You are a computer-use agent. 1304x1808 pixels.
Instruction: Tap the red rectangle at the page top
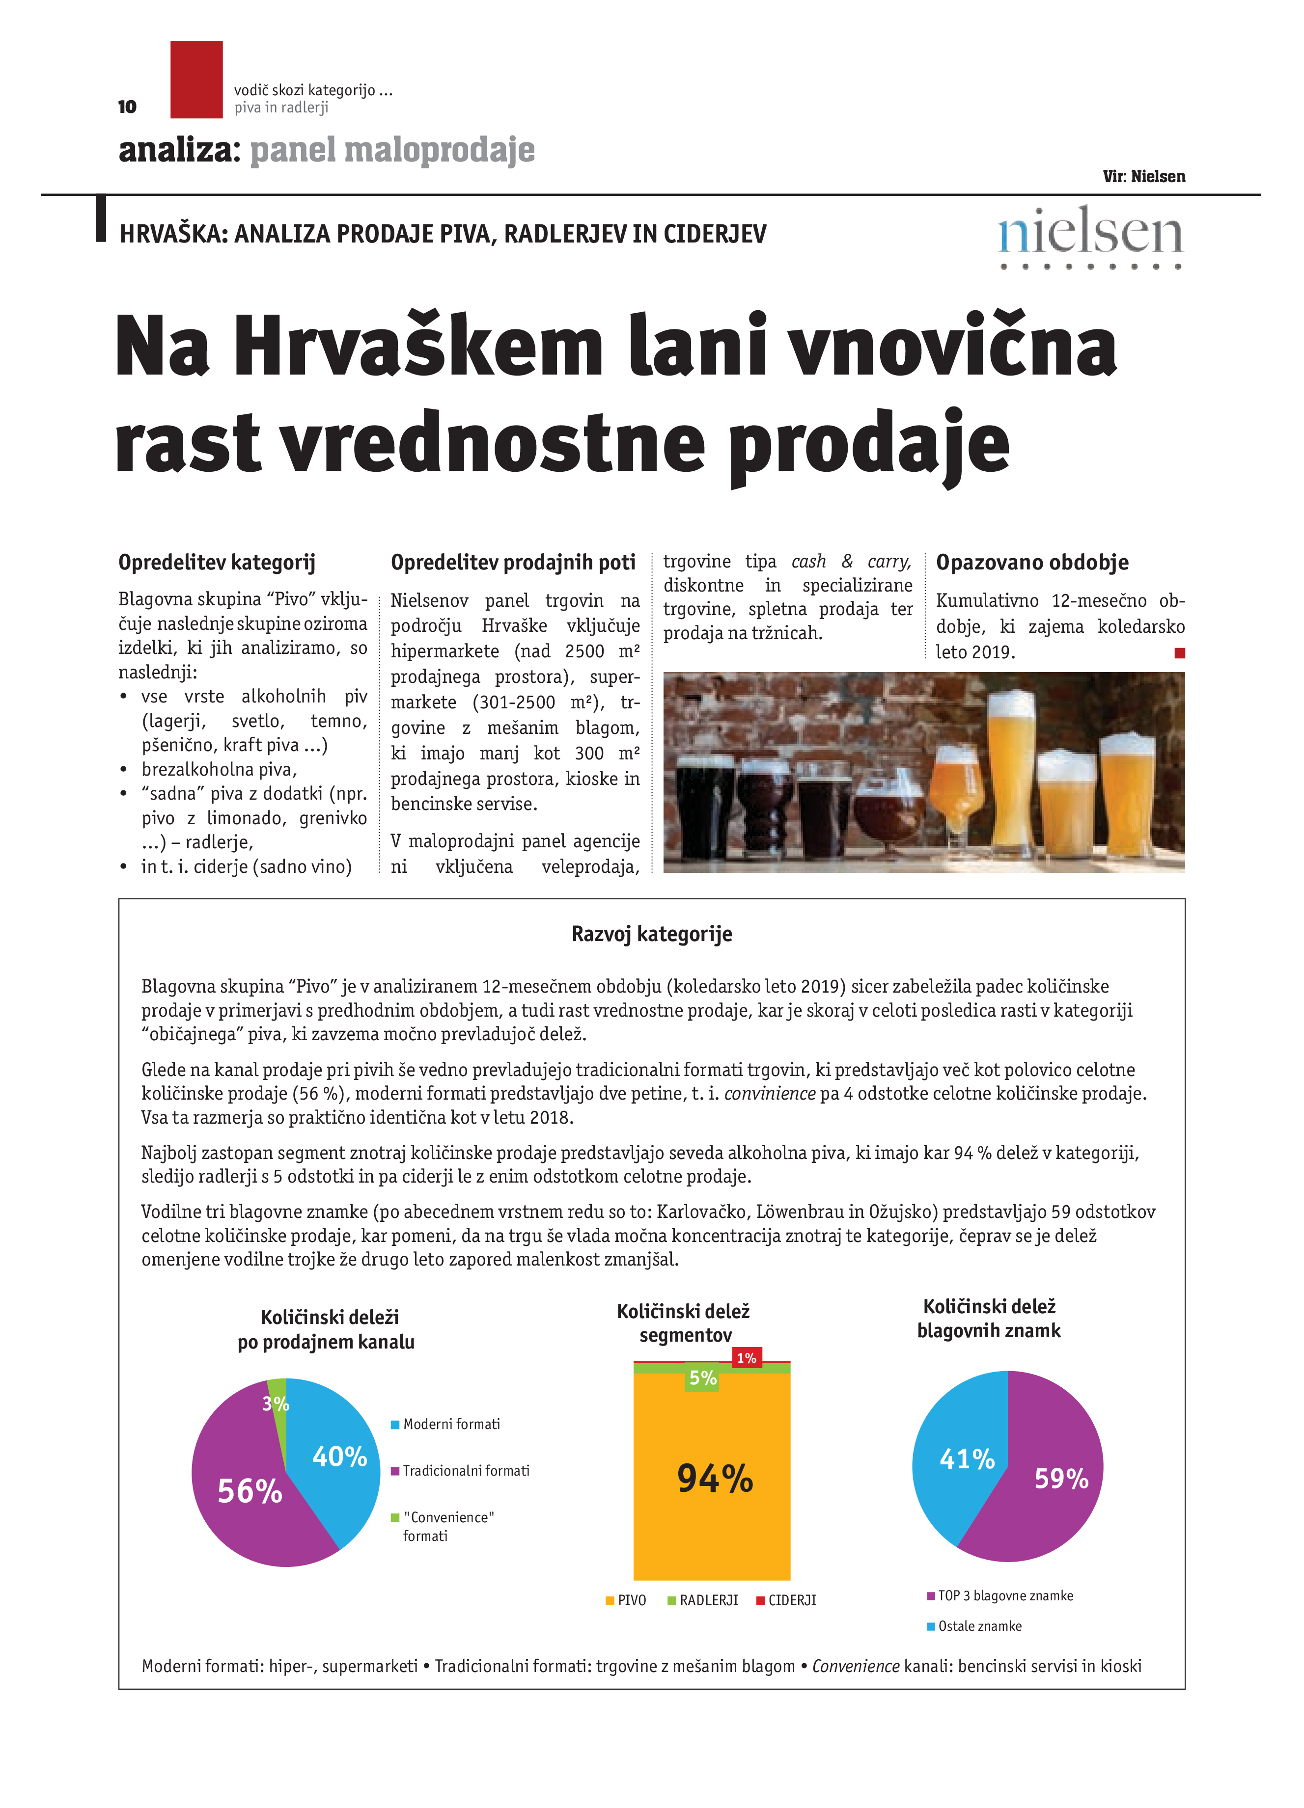tap(196, 80)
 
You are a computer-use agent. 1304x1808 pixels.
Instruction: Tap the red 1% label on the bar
tap(746, 1357)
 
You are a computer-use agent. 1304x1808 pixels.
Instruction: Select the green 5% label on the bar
tap(702, 1377)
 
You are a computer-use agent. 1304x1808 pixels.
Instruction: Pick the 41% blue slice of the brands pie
tap(961, 1459)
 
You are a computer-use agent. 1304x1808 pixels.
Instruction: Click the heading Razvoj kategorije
tap(652, 934)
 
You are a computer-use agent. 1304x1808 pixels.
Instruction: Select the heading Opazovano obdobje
tap(1031, 563)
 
